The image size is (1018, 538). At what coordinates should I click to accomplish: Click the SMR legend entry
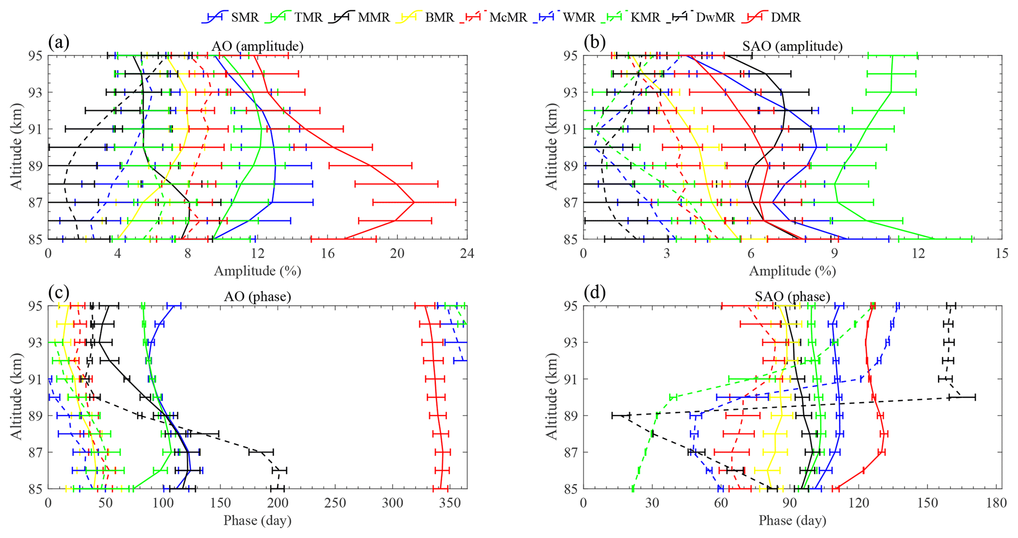click(x=245, y=17)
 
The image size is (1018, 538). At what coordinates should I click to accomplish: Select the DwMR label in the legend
click(x=715, y=17)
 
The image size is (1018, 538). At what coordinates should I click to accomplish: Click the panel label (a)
click(x=59, y=43)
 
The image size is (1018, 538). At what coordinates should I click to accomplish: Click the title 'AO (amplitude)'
click(x=258, y=46)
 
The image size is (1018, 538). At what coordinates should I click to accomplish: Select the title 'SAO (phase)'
click(x=792, y=296)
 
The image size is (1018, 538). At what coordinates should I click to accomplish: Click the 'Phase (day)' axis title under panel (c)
click(x=258, y=520)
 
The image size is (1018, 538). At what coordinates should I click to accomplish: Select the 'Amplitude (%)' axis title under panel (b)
click(x=792, y=271)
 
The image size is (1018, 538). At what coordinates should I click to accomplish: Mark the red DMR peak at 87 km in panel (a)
click(x=414, y=202)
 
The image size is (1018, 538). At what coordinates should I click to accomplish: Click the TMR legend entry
click(x=308, y=17)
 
